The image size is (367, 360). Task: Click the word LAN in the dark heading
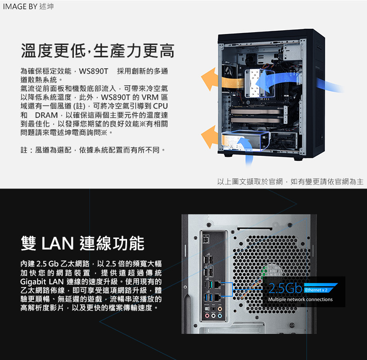coord(58,244)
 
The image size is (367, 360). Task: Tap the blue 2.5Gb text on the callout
coord(285,288)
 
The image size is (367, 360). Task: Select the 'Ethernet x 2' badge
coord(320,289)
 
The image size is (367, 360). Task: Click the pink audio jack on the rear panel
coord(207,316)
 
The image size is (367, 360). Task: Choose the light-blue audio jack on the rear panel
coord(220,316)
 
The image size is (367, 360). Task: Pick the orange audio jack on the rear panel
coord(220,309)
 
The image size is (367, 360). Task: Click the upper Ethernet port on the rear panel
coord(217,284)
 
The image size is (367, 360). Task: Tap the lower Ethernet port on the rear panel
coord(217,297)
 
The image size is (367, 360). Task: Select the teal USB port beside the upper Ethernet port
coord(211,285)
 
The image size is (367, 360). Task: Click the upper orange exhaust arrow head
coord(209,79)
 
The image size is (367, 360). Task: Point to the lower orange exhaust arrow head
coord(209,137)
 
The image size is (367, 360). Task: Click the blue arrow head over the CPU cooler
coord(262,83)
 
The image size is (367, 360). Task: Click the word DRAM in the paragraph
coord(46,115)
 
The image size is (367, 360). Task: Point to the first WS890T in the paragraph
coord(94,71)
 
